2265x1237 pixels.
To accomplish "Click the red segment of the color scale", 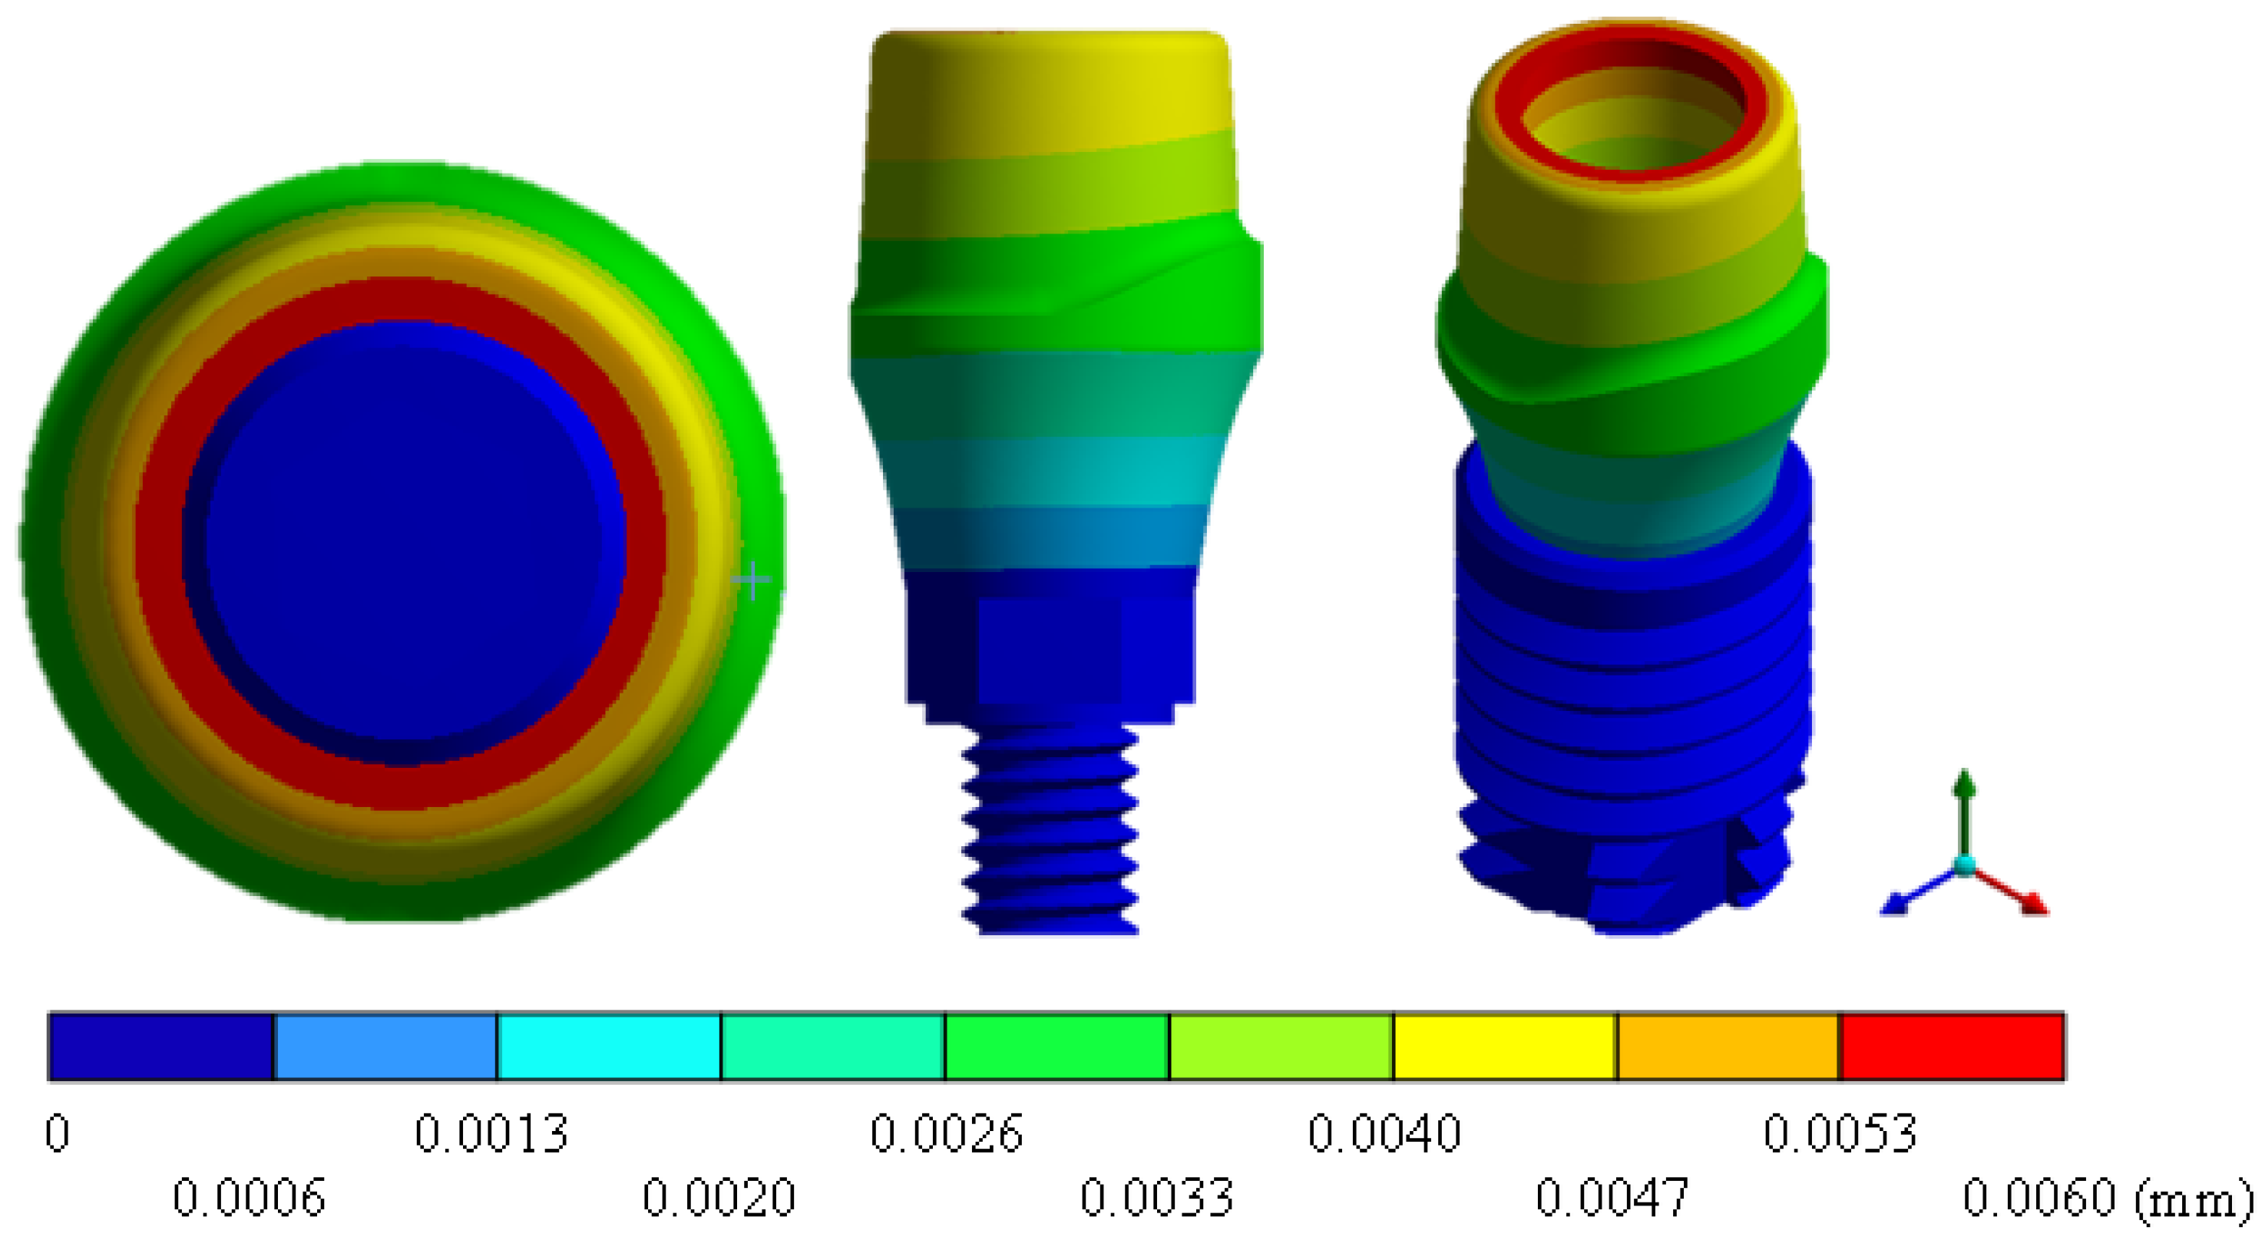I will (1952, 1047).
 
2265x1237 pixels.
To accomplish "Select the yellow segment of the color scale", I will (1504, 1047).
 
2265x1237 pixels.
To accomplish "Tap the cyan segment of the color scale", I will (608, 1047).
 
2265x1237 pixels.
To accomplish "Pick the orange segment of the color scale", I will (1728, 1047).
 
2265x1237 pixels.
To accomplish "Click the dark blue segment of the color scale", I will (161, 1047).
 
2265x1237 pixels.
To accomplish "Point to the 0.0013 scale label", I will (491, 1133).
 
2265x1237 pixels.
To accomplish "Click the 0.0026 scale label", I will (946, 1133).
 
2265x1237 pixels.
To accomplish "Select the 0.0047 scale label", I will (1612, 1197).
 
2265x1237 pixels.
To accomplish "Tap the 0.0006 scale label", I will (249, 1197).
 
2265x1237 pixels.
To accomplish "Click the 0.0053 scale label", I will (1840, 1133).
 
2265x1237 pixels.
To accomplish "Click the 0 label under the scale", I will (57, 1133).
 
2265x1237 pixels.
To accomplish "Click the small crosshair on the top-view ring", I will (752, 580).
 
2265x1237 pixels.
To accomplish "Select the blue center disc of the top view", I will (405, 536).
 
